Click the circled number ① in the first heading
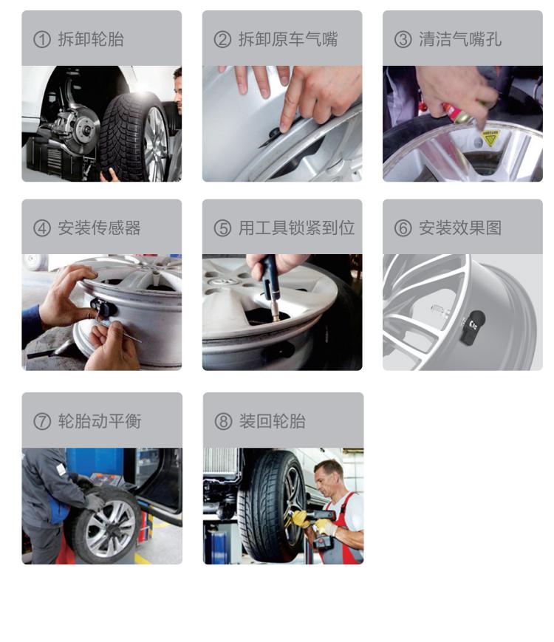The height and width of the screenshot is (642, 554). point(42,40)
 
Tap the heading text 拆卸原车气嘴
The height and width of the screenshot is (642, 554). point(288,39)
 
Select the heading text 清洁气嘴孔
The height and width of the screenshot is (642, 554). point(460,39)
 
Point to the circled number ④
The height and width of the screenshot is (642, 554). point(42,228)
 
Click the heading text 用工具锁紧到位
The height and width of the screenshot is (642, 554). point(296,228)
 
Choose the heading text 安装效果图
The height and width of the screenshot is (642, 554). point(460,228)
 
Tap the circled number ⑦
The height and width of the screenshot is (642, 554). point(42,421)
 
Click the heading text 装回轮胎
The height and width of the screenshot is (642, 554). point(273,421)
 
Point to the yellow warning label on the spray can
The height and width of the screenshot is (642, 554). point(490,138)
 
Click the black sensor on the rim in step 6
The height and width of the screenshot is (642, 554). point(473,327)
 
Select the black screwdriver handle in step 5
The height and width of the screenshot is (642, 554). point(270,278)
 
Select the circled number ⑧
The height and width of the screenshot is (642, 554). point(223,421)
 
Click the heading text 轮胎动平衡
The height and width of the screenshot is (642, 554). point(100,421)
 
